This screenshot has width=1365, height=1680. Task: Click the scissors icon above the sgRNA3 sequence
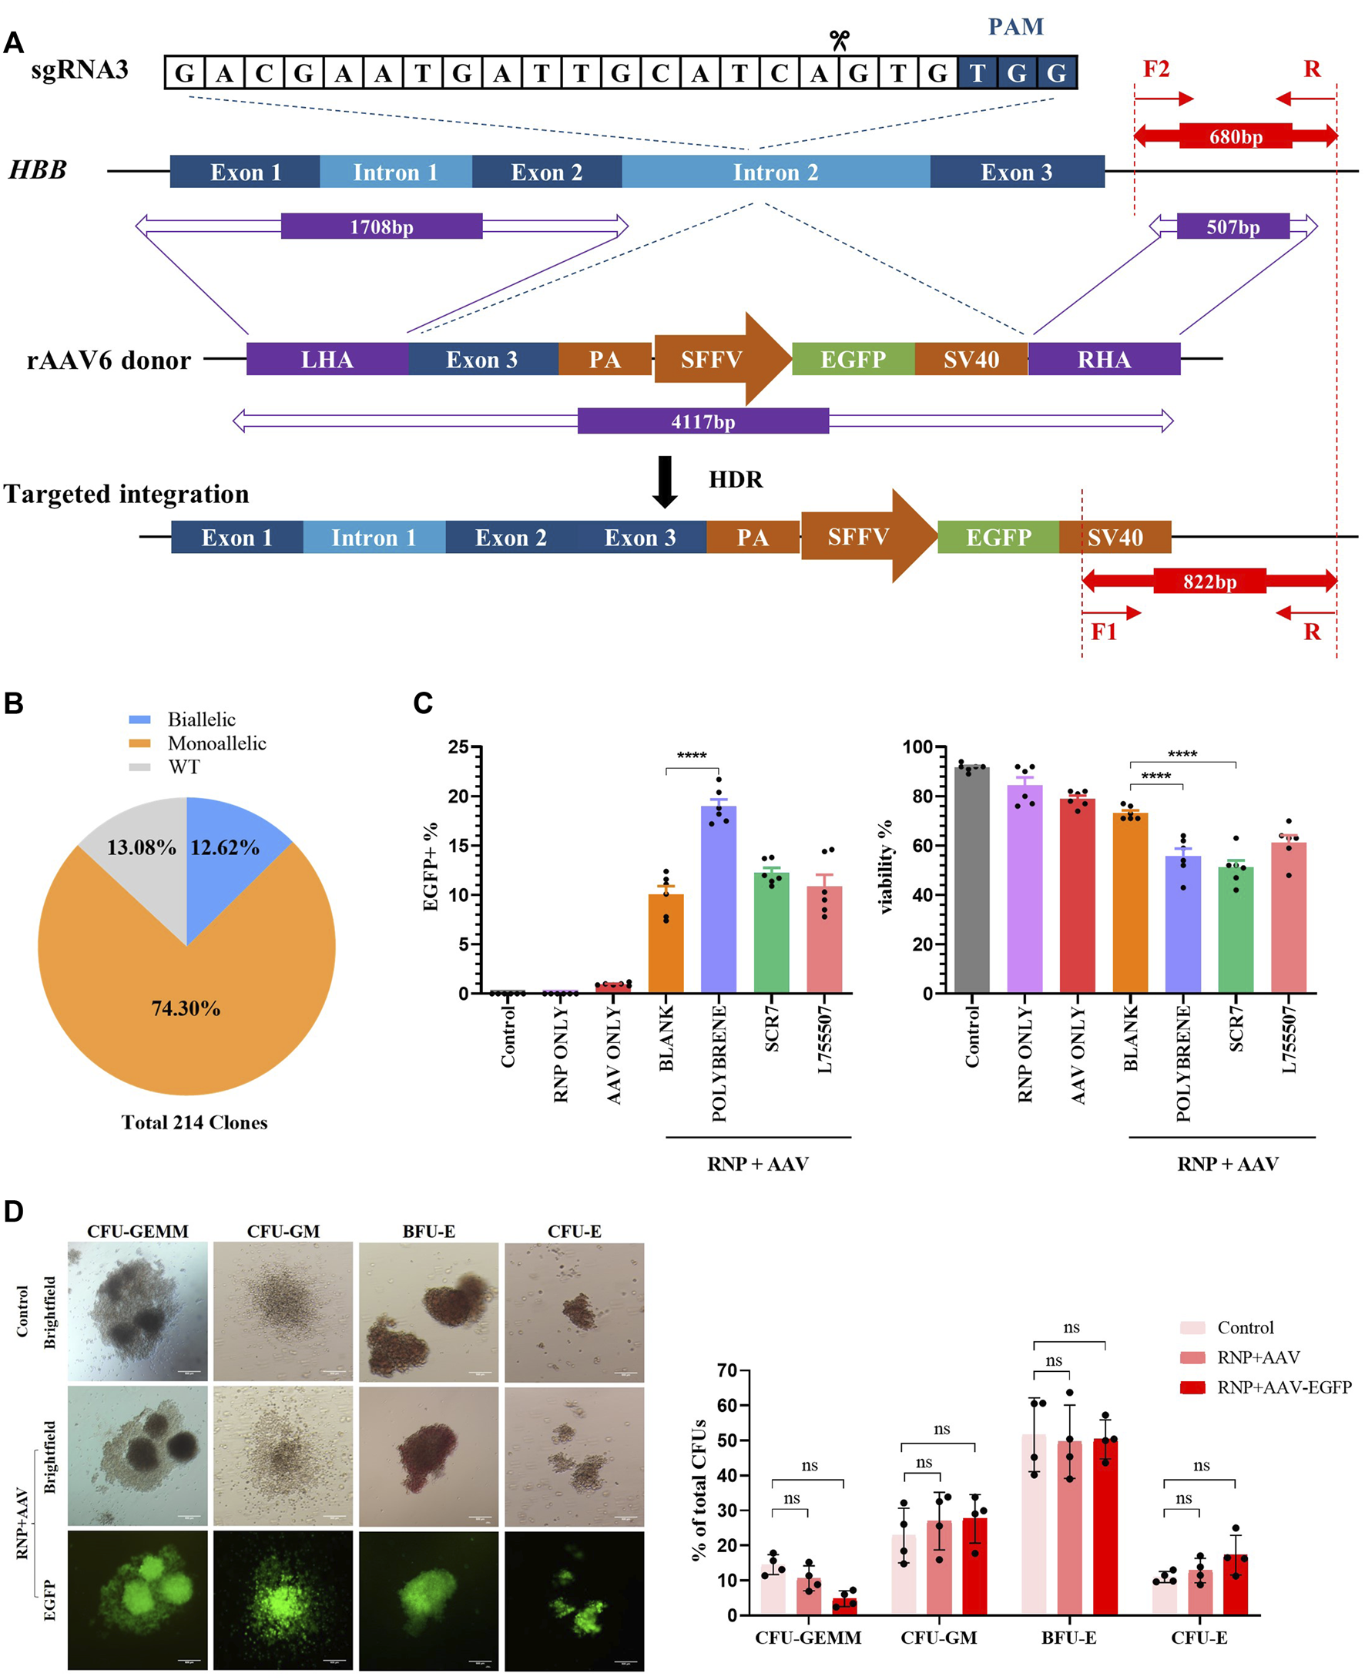pyautogui.click(x=839, y=40)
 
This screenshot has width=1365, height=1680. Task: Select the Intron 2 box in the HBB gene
pyautogui.click(x=775, y=173)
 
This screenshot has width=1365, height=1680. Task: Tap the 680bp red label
pyautogui.click(x=1236, y=137)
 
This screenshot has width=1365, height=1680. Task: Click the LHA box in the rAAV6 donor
pyautogui.click(x=327, y=359)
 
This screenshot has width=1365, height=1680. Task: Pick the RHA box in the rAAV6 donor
pyautogui.click(x=1104, y=359)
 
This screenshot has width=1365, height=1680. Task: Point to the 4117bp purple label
pyautogui.click(x=703, y=422)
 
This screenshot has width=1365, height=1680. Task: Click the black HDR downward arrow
pyautogui.click(x=666, y=481)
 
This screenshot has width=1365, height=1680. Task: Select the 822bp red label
pyautogui.click(x=1209, y=582)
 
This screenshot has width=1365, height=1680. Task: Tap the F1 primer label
pyautogui.click(x=1104, y=632)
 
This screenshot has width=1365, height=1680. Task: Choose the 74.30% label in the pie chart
pyautogui.click(x=186, y=1008)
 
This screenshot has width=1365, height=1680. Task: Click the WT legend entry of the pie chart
pyautogui.click(x=184, y=767)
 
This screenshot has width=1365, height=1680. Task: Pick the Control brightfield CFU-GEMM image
pyautogui.click(x=138, y=1310)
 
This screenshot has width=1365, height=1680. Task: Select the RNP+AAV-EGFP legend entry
pyautogui.click(x=1283, y=1387)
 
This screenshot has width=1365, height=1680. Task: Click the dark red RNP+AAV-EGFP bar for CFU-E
pyautogui.click(x=1236, y=1584)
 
